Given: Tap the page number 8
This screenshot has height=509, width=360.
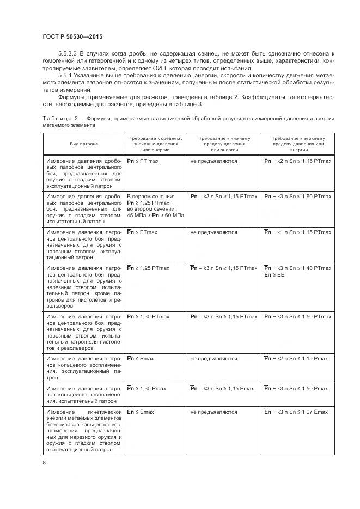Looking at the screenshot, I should pyautogui.click(x=44, y=463).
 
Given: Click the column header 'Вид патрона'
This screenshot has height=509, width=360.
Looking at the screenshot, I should pyautogui.click(x=83, y=144).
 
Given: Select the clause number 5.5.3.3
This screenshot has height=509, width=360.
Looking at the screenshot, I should pyautogui.click(x=68, y=53).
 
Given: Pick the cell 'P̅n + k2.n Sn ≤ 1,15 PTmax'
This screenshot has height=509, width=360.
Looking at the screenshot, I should pyautogui.click(x=297, y=162).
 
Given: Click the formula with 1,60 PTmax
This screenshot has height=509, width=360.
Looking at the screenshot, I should pyautogui.click(x=297, y=195).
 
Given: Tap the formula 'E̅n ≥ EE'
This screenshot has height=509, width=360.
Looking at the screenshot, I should pyautogui.click(x=274, y=275).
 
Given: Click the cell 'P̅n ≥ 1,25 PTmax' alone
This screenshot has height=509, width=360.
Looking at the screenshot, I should pyautogui.click(x=148, y=268).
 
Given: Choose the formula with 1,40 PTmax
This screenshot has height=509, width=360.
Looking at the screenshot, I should pyautogui.click(x=297, y=268).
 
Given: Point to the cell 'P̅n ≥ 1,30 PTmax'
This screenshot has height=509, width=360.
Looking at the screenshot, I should pyautogui.click(x=148, y=317).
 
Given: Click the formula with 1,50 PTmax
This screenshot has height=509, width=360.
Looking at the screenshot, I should pyautogui.click(x=297, y=317).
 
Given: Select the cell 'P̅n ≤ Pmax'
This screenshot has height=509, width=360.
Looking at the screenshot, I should pyautogui.click(x=141, y=359).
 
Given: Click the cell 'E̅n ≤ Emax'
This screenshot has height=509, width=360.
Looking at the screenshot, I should pyautogui.click(x=141, y=412).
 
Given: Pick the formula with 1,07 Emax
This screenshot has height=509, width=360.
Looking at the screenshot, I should pyautogui.click(x=296, y=412).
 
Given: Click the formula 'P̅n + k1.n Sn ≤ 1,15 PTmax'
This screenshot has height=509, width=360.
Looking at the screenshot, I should pyautogui.click(x=297, y=232).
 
